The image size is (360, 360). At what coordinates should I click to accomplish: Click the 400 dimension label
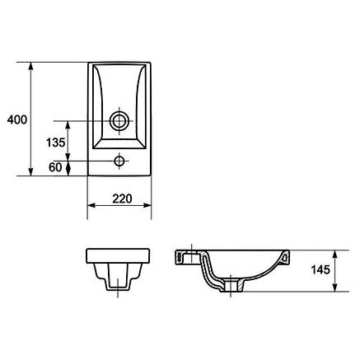click(17, 119)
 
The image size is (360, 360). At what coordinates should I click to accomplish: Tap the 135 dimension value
click(55, 143)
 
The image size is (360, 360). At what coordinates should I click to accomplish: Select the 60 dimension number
click(55, 167)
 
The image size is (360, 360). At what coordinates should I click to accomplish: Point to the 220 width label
click(122, 199)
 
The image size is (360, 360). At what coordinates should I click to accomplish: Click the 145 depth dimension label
click(320, 270)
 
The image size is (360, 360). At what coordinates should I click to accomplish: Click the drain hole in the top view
click(119, 121)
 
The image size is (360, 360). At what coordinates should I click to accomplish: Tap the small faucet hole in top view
click(119, 161)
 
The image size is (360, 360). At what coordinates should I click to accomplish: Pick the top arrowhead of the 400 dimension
click(31, 67)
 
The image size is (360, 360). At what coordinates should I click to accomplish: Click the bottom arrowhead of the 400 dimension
click(31, 171)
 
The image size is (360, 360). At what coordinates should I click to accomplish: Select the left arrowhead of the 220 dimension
click(91, 205)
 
